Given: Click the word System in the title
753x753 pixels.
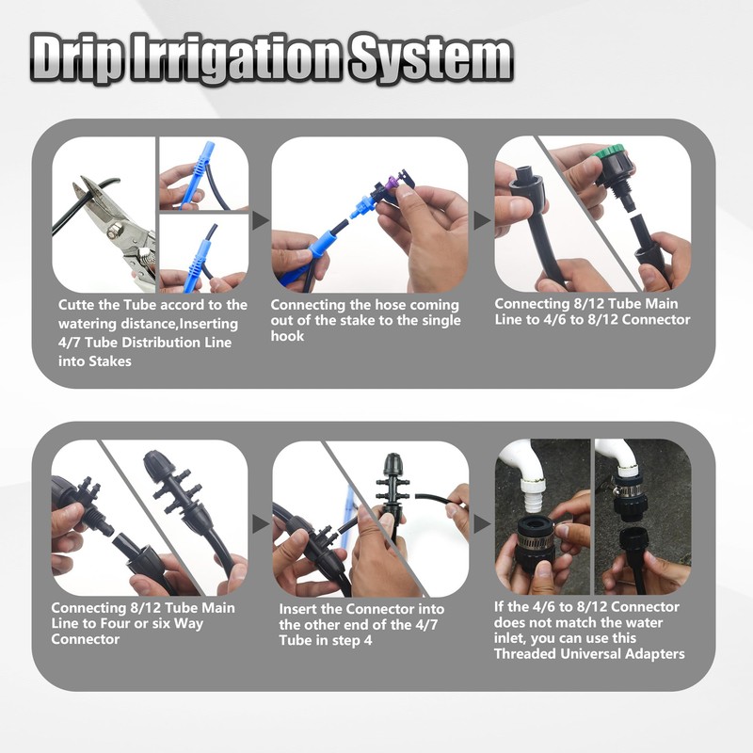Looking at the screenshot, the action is (x=431, y=58).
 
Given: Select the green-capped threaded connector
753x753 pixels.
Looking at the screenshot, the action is (x=615, y=171).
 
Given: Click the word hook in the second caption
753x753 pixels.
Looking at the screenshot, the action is (x=287, y=336).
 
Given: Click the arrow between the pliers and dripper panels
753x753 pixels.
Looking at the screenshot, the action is (x=261, y=220).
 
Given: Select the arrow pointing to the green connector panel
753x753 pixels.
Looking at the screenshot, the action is (x=482, y=220).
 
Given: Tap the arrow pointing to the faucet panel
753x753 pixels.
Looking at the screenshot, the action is (x=482, y=524).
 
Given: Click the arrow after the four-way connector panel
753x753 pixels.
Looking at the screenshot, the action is (x=261, y=524).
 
